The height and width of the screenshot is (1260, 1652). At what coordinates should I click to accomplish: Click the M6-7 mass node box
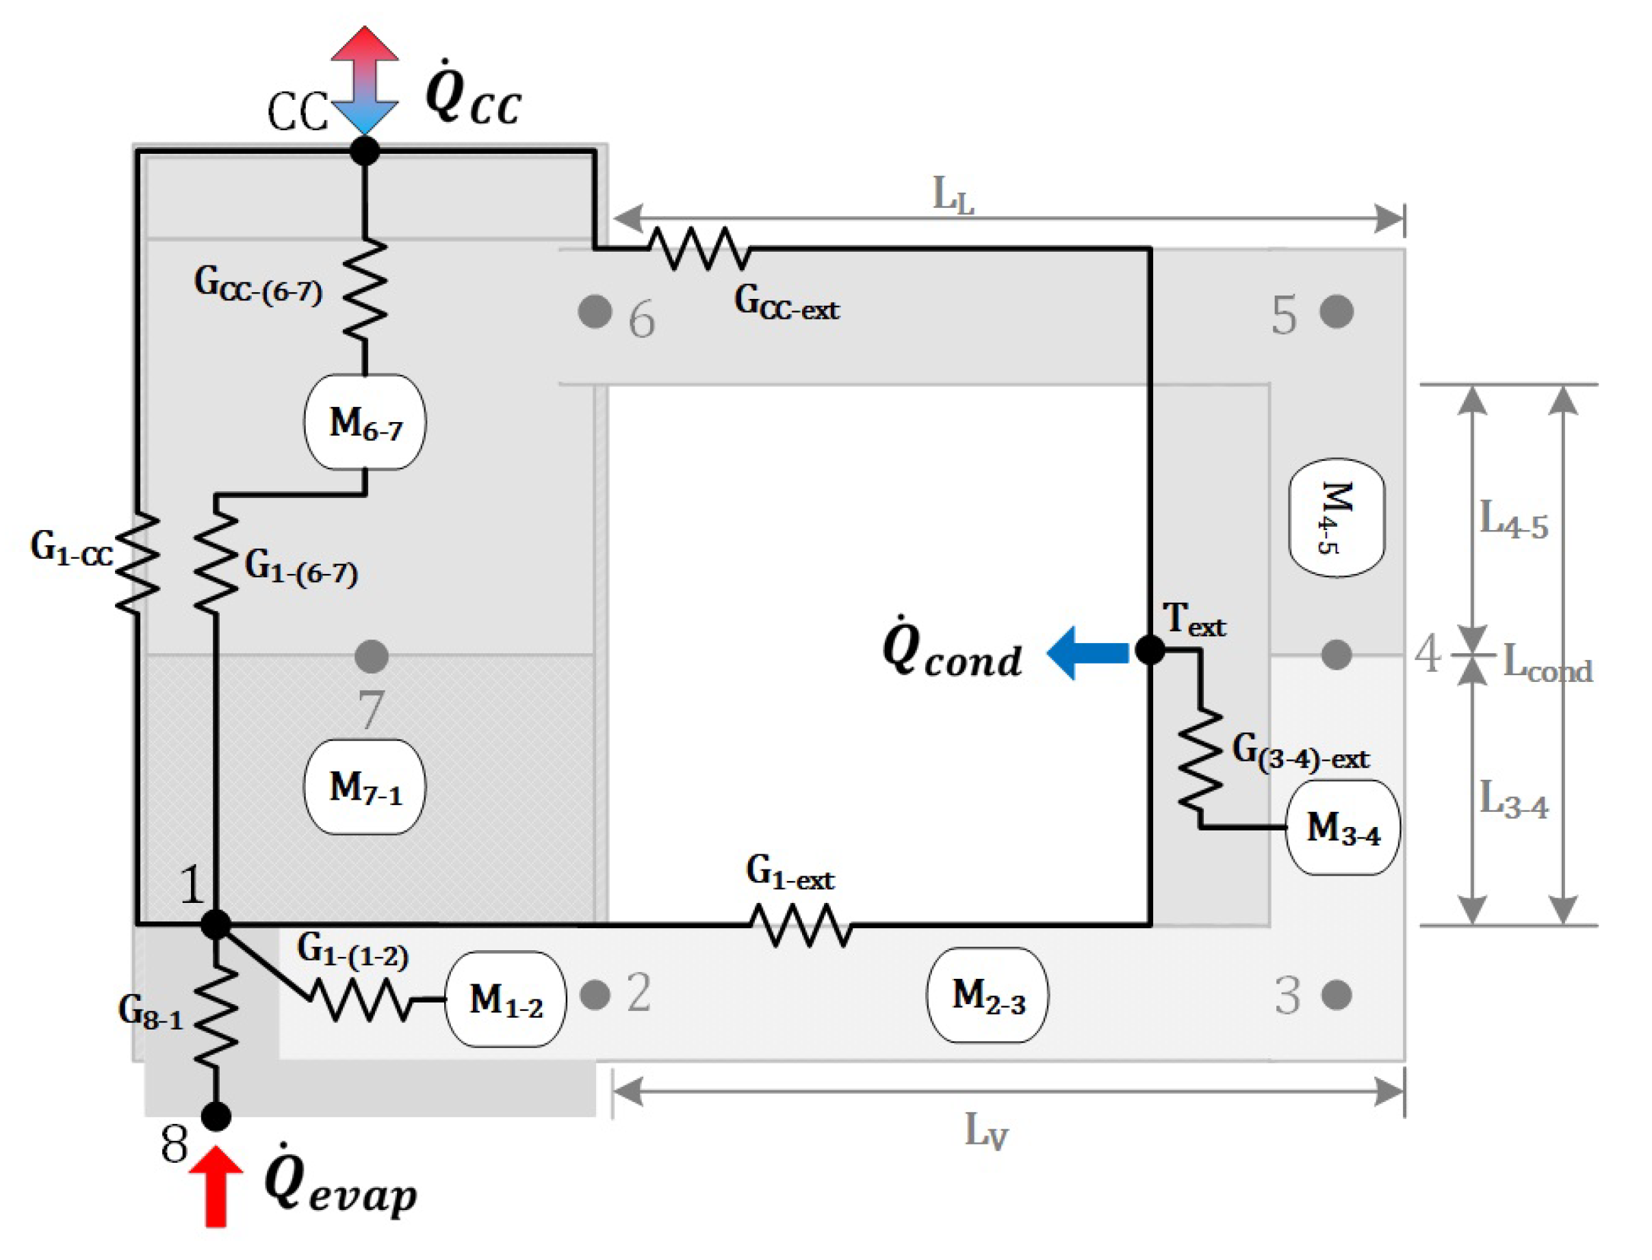(365, 422)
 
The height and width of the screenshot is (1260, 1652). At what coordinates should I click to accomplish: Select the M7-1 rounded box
(365, 787)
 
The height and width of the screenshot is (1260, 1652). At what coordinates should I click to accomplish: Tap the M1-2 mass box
(506, 999)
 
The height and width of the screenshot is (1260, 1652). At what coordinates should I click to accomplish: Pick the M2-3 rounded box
(988, 995)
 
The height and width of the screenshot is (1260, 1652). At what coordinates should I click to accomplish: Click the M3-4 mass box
(1343, 827)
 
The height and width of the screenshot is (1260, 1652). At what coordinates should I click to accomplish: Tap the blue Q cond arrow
(1088, 653)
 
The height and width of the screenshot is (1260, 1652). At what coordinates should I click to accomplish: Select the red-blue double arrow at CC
(365, 80)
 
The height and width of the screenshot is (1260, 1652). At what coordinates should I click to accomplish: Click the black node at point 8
(216, 1116)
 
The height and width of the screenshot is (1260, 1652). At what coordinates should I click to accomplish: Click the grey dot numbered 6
(595, 311)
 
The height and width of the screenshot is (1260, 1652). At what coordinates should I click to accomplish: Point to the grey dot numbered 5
(1336, 311)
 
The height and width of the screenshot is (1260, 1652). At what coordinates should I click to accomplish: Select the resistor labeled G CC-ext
(699, 248)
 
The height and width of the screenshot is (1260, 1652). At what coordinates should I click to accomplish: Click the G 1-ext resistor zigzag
(801, 925)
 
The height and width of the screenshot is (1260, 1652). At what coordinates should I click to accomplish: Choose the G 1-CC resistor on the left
(138, 562)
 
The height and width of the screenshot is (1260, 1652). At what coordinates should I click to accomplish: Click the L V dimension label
(985, 1130)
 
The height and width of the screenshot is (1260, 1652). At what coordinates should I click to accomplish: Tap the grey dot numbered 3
(1336, 995)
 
